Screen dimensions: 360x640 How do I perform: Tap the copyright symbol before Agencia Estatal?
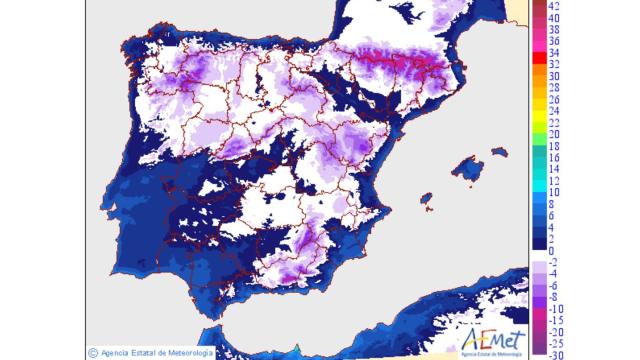tap(92, 352)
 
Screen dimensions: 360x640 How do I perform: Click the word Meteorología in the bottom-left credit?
tap(190, 352)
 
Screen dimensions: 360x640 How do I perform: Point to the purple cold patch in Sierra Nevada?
tap(290, 272)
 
